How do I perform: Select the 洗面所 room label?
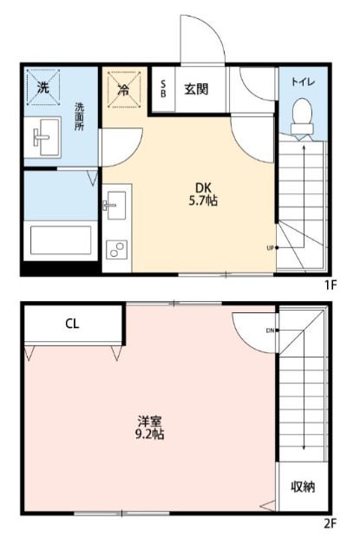tap(78, 118)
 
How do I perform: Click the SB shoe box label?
tap(161, 89)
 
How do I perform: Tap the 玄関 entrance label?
tap(193, 89)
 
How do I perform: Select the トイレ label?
tap(302, 82)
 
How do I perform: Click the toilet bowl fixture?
tap(303, 117)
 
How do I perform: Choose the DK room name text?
tap(201, 185)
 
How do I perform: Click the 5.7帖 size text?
tap(201, 200)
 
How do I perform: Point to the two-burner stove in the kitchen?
tap(115, 250)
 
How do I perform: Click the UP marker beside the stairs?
tap(271, 247)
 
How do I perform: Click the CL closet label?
tap(72, 325)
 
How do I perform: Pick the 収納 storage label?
tap(303, 486)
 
